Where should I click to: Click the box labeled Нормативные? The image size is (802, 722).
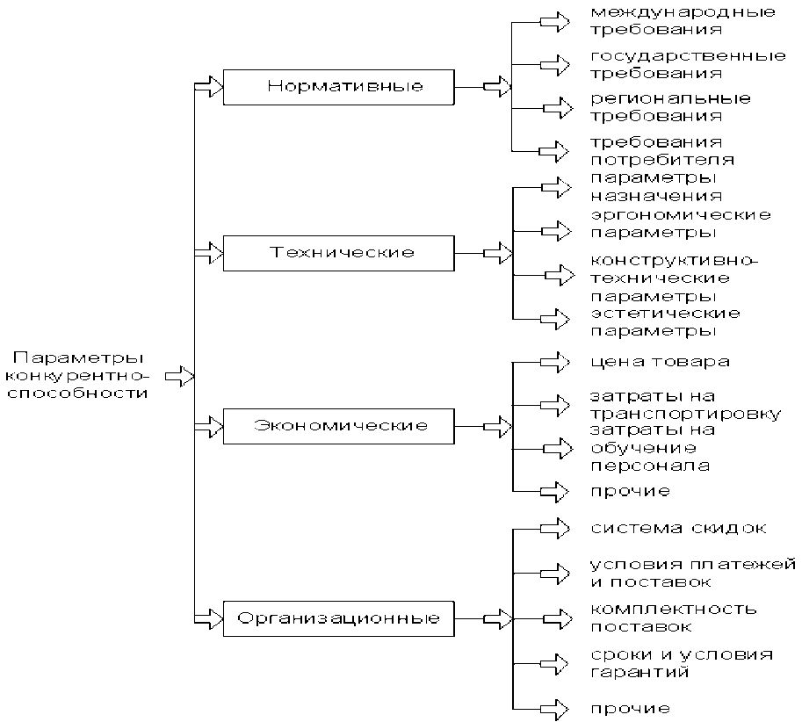[339, 87]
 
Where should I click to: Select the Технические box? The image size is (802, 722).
[339, 253]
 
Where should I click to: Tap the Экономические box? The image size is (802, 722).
[339, 427]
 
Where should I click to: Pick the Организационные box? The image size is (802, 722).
[339, 618]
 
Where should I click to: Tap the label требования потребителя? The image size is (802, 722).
[662, 150]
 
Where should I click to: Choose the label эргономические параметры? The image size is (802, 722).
[680, 223]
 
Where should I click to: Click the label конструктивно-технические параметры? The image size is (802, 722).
[672, 278]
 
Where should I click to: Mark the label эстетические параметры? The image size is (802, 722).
[665, 321]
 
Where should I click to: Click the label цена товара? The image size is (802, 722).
[660, 362]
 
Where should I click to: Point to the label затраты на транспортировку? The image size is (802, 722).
[684, 405]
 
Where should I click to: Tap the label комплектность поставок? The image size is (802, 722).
[674, 617]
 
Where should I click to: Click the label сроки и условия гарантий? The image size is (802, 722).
[682, 663]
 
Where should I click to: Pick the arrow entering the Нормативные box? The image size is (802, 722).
[208, 87]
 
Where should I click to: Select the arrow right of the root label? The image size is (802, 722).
[179, 376]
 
